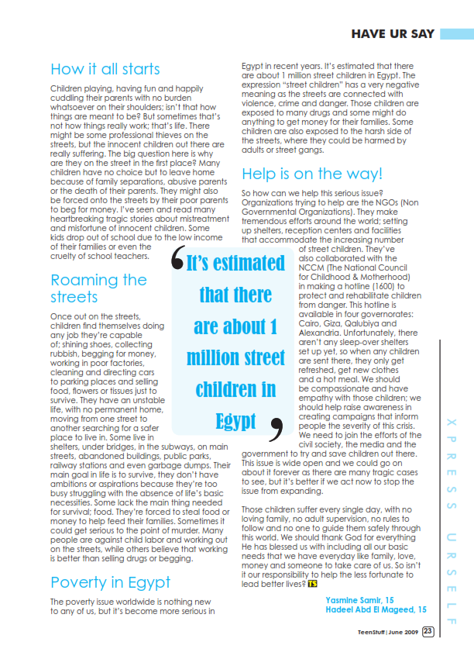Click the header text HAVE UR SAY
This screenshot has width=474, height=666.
[x=393, y=34]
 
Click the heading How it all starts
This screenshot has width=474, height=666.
[x=105, y=69]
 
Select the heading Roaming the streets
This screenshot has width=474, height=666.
[x=98, y=288]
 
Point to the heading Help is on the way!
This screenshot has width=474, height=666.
[x=312, y=173]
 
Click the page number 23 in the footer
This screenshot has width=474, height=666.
[x=450, y=631]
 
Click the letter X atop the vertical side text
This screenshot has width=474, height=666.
[x=450, y=423]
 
